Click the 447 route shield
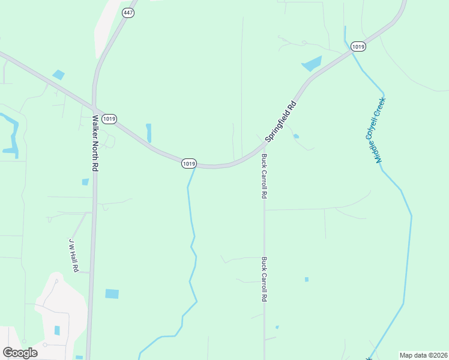(x=128, y=13)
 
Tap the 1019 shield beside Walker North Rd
(x=109, y=119)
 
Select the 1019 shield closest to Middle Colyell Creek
(x=358, y=46)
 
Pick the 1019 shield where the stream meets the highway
(x=188, y=163)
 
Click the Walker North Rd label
(x=95, y=143)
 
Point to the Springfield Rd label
(x=282, y=121)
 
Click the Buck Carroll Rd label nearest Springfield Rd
(x=264, y=176)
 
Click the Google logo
(x=20, y=352)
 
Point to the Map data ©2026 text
(x=423, y=355)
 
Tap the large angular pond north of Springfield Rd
(x=312, y=64)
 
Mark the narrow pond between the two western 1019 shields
(x=148, y=133)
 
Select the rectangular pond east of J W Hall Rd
(x=112, y=294)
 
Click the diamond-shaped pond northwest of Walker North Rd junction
(x=58, y=75)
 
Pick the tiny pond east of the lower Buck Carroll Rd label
(x=306, y=280)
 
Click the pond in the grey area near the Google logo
(x=57, y=331)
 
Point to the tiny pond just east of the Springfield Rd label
(x=296, y=137)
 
